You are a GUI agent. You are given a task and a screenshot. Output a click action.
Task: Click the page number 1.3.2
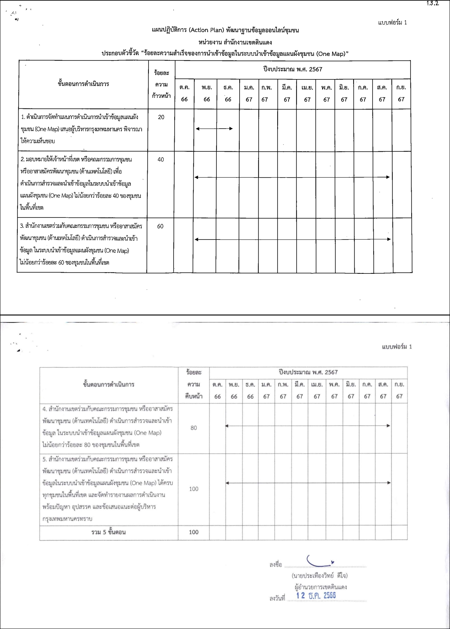click(433, 4)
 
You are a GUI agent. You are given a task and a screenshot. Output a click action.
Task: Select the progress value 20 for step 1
click(161, 117)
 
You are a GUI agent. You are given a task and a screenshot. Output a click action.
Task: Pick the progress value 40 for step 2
click(161, 159)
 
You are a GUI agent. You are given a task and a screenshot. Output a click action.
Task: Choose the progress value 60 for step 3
click(160, 226)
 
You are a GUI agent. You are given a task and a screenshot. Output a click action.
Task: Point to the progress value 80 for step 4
click(194, 428)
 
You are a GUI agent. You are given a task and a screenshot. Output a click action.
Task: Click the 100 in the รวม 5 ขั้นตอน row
click(194, 532)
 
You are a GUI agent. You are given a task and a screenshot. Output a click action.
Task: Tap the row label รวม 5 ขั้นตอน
click(109, 532)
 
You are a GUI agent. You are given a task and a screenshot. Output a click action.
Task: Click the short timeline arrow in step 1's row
click(214, 129)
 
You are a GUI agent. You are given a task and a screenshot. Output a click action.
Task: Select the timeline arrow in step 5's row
click(308, 483)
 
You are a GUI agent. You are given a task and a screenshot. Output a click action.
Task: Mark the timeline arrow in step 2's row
click(292, 177)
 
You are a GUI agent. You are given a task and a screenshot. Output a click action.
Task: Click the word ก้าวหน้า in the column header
click(161, 96)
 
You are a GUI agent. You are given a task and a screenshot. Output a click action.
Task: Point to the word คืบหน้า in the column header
click(194, 396)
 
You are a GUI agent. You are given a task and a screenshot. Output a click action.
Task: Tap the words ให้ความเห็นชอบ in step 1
click(38, 141)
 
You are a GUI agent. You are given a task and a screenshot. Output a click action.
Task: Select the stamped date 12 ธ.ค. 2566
click(316, 596)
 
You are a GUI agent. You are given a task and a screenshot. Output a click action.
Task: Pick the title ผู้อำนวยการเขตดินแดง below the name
click(321, 587)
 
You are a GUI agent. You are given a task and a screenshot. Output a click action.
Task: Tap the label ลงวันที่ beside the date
click(277, 599)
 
